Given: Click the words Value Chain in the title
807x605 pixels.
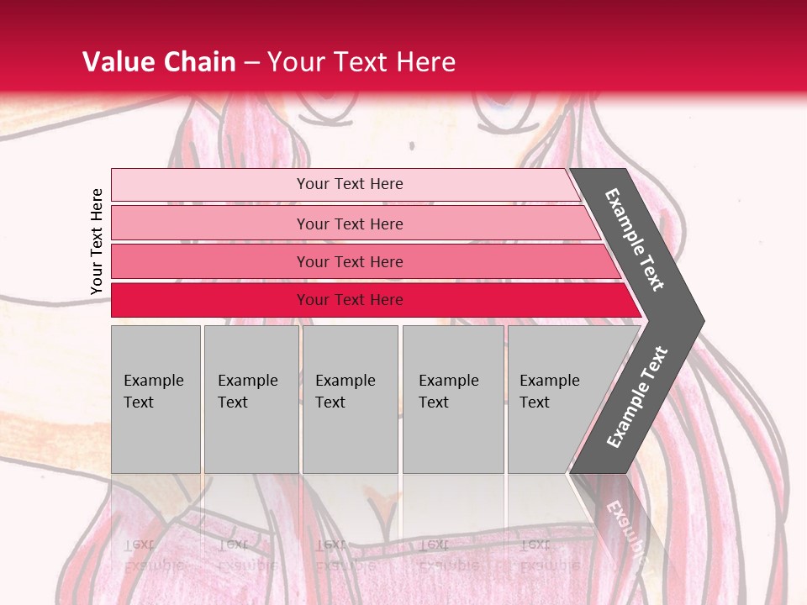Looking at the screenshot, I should click(x=159, y=62).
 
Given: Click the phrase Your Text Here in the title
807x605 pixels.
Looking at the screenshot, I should click(x=361, y=62).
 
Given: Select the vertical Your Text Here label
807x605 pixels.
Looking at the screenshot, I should click(x=97, y=241).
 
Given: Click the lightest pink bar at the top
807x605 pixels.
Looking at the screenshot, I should click(x=210, y=185).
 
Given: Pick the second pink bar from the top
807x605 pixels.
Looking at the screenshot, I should click(x=210, y=224).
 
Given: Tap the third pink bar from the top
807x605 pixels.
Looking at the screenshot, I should click(x=210, y=261).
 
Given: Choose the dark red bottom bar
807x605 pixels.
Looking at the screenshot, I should click(x=210, y=300).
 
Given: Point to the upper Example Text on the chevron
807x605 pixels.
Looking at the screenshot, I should click(x=635, y=239).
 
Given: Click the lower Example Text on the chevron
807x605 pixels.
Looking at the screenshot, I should click(x=636, y=397).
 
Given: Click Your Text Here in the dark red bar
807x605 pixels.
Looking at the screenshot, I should click(x=350, y=300).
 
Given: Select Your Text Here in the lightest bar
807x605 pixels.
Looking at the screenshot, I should click(x=350, y=184).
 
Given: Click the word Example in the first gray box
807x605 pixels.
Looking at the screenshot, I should click(x=153, y=381).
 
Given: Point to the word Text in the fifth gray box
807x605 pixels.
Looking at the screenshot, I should click(x=534, y=402).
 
